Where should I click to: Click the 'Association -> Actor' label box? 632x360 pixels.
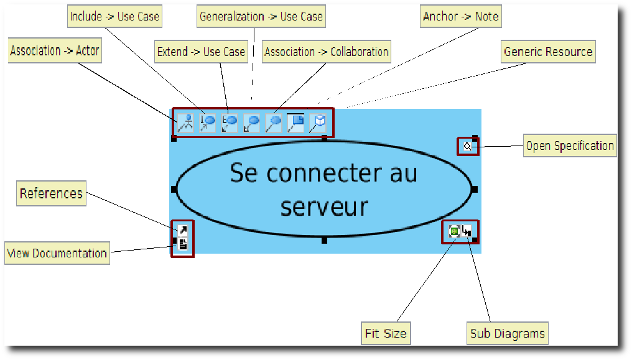55,51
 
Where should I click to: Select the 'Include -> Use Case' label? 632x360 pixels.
114,17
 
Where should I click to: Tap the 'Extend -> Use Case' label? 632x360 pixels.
201,52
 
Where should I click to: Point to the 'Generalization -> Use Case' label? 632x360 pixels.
261,17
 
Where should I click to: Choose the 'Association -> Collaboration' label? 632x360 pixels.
327,52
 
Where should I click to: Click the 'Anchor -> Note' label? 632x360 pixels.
461,17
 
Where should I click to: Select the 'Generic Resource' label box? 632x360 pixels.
548,52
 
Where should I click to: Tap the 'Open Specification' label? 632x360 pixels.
570,146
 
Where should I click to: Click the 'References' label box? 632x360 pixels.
51,194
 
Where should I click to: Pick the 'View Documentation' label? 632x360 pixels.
57,254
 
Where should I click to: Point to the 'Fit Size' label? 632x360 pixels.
386,334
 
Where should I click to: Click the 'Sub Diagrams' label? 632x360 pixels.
508,334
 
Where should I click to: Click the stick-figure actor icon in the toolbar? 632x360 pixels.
185,122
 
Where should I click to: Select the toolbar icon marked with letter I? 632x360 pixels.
207,122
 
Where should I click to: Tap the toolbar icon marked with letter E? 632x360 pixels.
230,122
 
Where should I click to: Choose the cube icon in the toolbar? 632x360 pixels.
318,122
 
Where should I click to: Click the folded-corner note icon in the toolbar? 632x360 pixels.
296,122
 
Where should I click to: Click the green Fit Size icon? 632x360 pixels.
454,232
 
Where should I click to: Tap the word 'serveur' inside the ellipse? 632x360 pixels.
324,206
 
